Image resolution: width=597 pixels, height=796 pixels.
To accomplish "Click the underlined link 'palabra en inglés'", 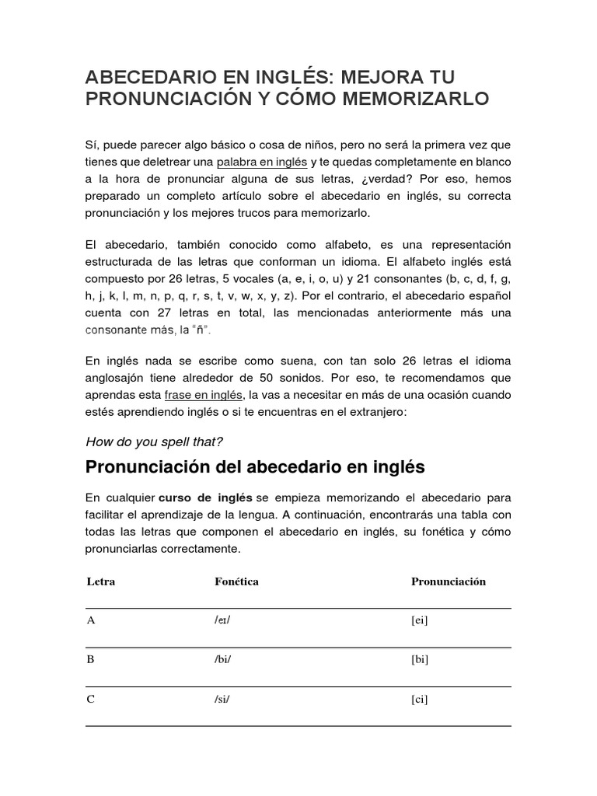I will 262,162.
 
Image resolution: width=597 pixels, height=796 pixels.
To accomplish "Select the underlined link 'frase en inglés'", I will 204,395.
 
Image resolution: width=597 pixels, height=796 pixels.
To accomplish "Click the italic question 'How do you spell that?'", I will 154,442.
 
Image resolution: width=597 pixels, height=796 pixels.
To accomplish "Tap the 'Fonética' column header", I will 236,581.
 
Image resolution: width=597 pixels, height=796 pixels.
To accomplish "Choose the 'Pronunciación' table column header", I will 448,581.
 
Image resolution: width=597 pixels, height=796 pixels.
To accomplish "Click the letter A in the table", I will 90,620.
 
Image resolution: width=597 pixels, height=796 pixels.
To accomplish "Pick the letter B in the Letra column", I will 90,659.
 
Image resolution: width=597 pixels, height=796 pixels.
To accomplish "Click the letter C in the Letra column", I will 90,699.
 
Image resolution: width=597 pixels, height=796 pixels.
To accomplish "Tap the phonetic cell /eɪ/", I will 223,620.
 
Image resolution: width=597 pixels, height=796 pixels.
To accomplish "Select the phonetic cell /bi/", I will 223,659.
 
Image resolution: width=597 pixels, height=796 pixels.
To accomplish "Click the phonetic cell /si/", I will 222,699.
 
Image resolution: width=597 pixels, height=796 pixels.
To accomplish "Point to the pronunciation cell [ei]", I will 420,620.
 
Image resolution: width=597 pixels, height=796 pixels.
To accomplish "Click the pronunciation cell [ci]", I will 420,699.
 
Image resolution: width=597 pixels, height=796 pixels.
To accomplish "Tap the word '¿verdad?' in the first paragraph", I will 386,179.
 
